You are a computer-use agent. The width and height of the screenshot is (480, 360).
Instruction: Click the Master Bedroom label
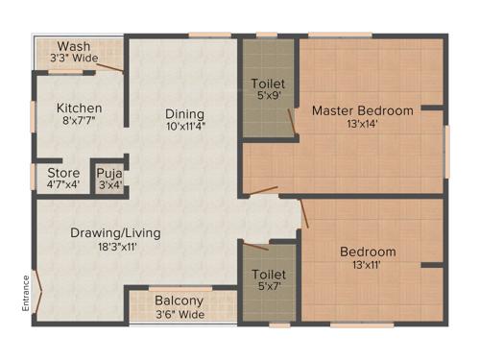click(363, 110)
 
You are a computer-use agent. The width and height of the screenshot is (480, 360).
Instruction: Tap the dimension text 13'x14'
click(363, 124)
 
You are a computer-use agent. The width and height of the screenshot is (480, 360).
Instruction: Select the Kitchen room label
click(79, 108)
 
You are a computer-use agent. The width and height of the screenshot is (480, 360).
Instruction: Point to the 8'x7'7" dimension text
click(79, 121)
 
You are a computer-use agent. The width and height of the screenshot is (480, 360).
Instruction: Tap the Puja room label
click(108, 173)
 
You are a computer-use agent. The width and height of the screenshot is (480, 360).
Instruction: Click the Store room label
click(63, 173)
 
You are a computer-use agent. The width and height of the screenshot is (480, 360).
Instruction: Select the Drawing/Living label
click(114, 232)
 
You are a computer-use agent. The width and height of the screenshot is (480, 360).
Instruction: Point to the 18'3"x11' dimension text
click(114, 247)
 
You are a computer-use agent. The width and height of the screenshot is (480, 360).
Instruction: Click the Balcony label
click(179, 300)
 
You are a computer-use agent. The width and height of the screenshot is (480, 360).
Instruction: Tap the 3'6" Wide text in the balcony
click(179, 313)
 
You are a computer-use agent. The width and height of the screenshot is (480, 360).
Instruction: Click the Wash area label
click(74, 46)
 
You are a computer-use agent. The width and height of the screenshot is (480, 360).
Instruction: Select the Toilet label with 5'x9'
click(268, 83)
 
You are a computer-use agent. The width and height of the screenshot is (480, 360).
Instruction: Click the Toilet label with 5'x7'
click(268, 275)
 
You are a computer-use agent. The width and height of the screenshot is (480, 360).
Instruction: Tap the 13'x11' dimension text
click(367, 267)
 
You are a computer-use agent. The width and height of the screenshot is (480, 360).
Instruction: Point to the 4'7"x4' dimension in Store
click(63, 185)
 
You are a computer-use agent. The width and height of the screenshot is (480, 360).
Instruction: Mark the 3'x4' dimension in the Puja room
click(108, 185)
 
